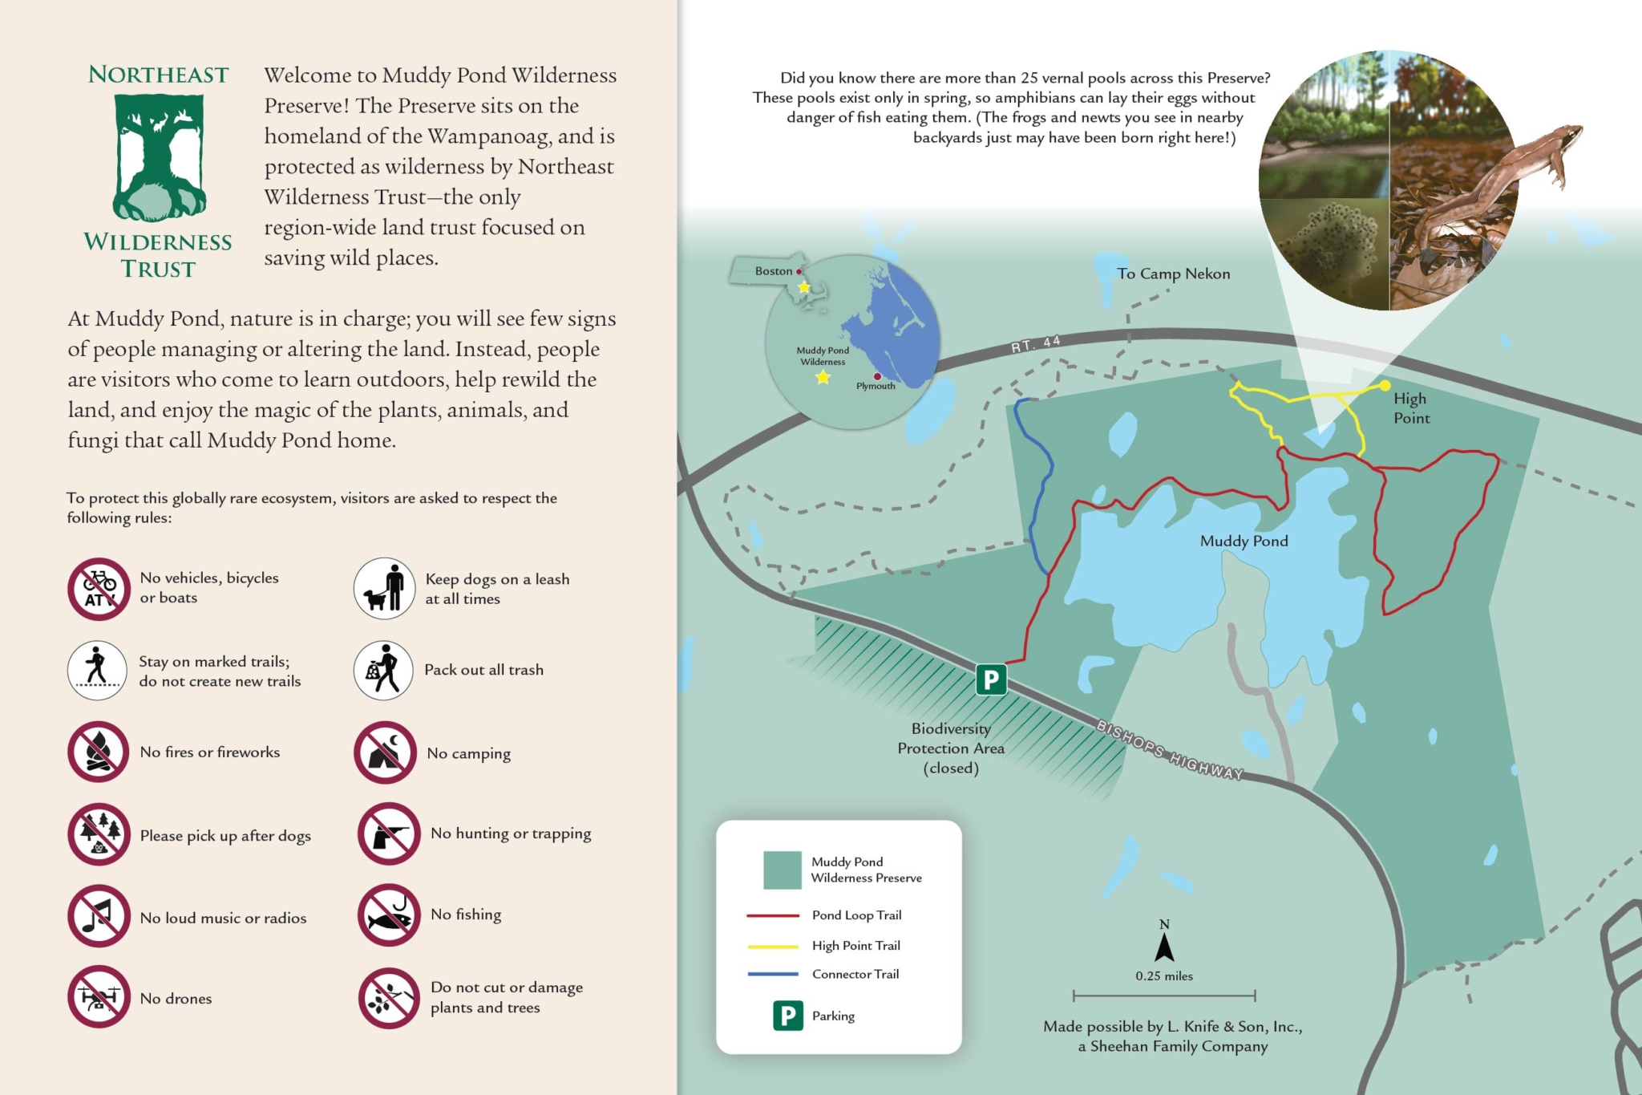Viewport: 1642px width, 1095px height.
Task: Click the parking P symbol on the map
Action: pos(991,679)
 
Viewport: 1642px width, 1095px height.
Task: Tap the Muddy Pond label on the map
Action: pos(1244,541)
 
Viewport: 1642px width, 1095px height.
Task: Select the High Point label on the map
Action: pos(1411,408)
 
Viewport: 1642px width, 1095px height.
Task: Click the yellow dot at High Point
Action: pos(1385,386)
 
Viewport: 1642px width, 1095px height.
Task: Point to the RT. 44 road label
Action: pos(1035,345)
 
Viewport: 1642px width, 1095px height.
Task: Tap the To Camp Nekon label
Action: pos(1173,274)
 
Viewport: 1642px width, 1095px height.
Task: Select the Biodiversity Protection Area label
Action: pos(951,748)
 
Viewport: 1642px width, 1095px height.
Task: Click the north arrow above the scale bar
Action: pos(1164,947)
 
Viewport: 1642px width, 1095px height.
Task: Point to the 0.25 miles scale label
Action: pos(1164,976)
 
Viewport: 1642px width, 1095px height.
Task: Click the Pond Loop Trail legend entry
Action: pos(856,915)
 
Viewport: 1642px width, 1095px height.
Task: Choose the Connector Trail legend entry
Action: pos(855,974)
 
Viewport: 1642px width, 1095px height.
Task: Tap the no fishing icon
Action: pos(389,915)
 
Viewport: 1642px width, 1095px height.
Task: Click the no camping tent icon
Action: pos(385,752)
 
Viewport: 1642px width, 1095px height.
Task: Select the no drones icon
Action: pos(99,997)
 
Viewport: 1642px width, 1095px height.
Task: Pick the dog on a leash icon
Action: pos(385,588)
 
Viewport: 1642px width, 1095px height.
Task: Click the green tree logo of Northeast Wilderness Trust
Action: pos(159,157)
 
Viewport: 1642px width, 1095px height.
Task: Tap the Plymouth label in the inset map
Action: pos(876,386)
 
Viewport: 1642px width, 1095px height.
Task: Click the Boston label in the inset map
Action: pos(773,271)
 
